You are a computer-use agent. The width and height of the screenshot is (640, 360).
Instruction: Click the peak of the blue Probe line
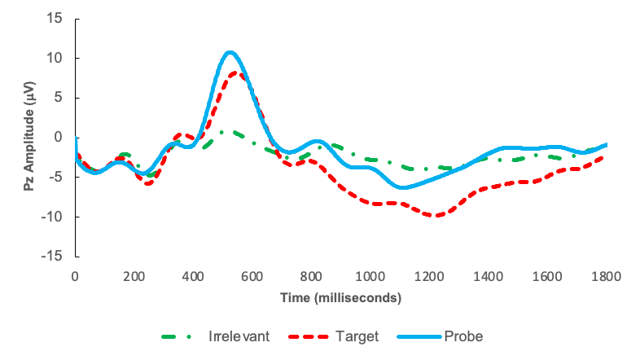coord(230,53)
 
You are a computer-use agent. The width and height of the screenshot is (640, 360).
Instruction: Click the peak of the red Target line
coord(235,73)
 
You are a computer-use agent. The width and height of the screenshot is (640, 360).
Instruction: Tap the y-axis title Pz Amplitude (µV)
coord(28,138)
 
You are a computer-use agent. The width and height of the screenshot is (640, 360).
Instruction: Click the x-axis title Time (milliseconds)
coord(341,298)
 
